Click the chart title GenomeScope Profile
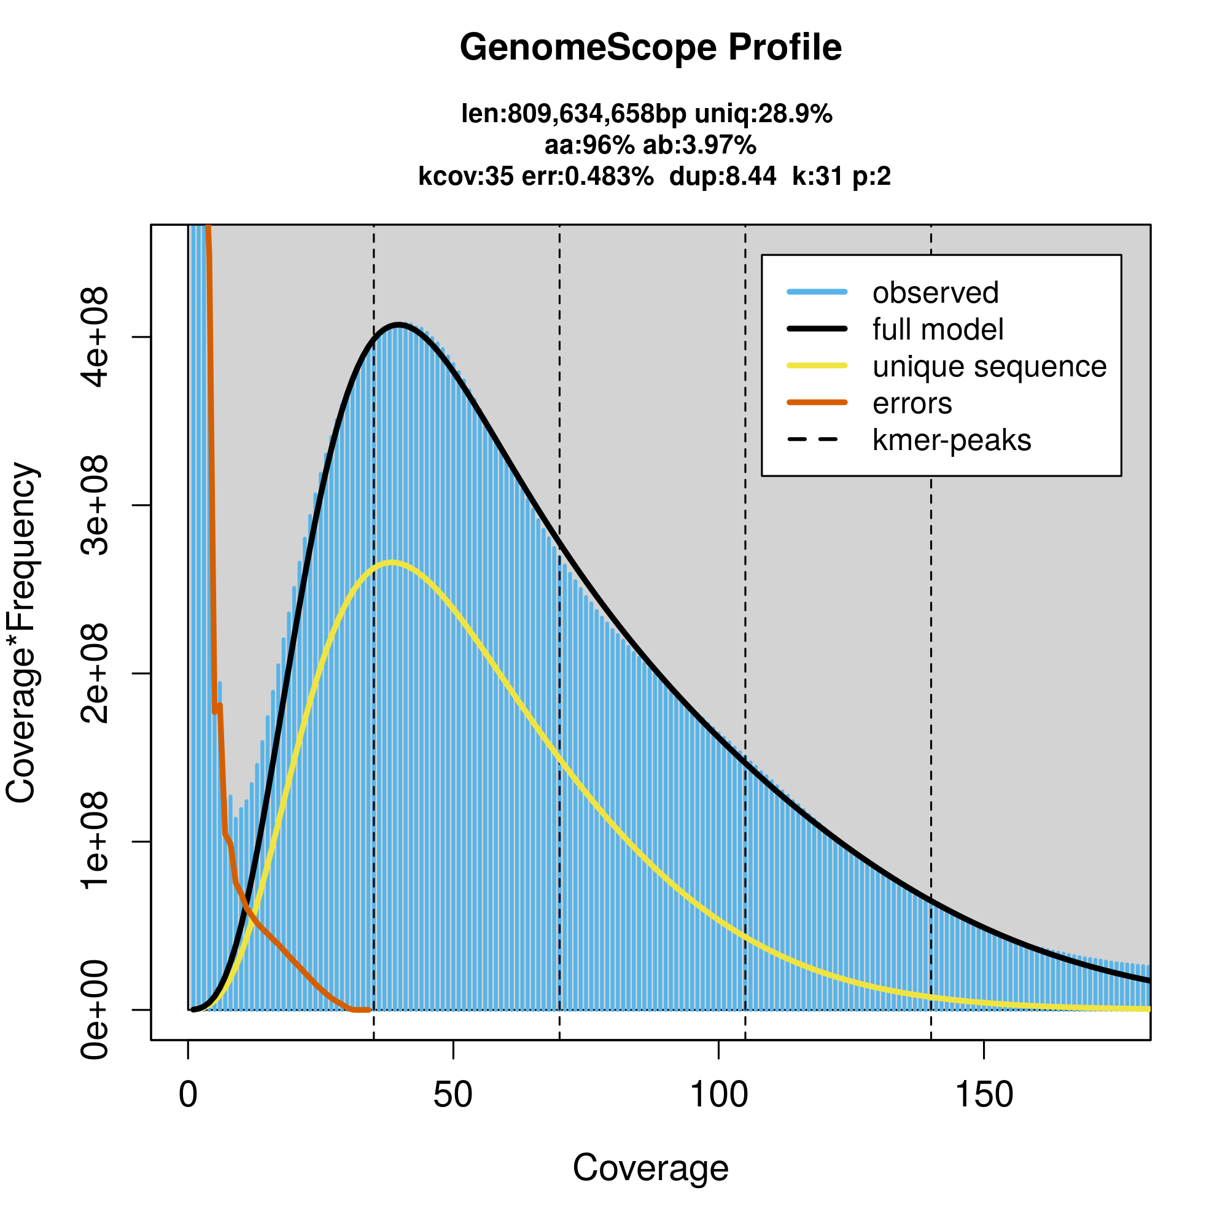[x=650, y=48]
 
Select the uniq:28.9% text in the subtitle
[x=763, y=114]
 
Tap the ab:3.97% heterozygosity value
[x=700, y=146]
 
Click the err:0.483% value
[x=588, y=177]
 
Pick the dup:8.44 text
[x=723, y=177]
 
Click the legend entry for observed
[x=935, y=293]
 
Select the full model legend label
[x=938, y=330]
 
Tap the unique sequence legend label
[x=989, y=367]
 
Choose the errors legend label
[x=912, y=403]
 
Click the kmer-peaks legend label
[x=952, y=440]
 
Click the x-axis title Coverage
[x=650, y=1168]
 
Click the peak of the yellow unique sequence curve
[x=392, y=562]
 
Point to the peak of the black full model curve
[x=398, y=325]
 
